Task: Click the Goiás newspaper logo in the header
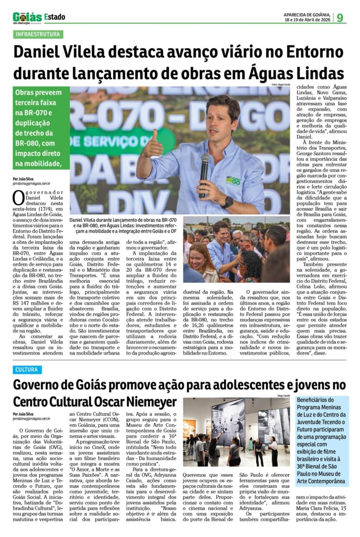tap(27, 17)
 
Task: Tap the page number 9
tap(340, 18)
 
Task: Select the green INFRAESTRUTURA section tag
tap(38, 35)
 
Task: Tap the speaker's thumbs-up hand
tap(153, 145)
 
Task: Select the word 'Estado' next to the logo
tap(55, 17)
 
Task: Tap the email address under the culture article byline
tap(31, 418)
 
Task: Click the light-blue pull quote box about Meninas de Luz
tap(322, 441)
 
